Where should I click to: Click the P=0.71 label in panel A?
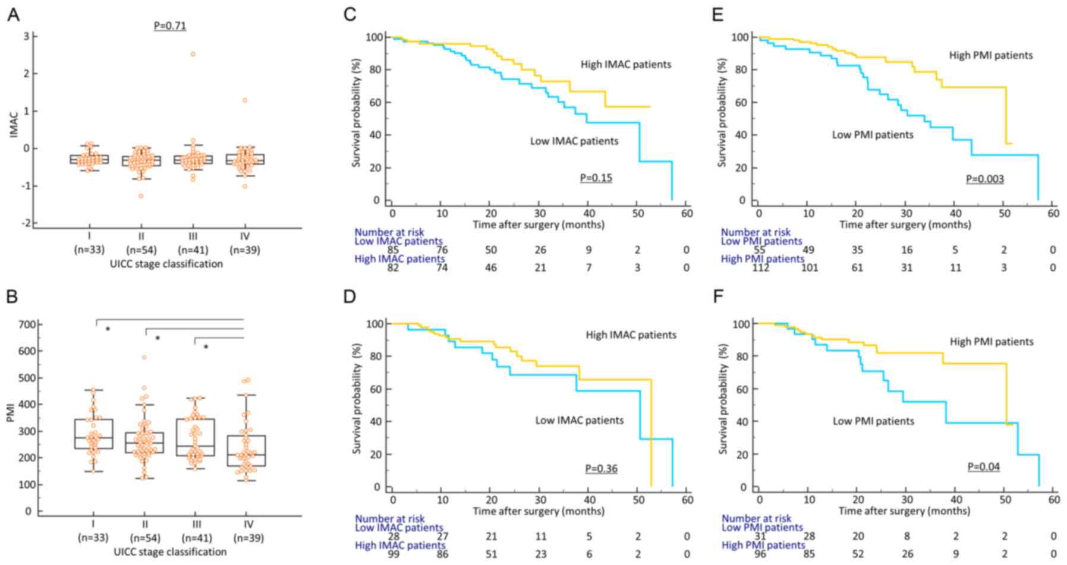(170, 26)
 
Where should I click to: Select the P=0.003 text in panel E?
(984, 179)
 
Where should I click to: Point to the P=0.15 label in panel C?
(596, 178)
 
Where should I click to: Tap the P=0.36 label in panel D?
(601, 469)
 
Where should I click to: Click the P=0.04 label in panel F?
(983, 467)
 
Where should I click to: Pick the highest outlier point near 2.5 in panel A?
(193, 54)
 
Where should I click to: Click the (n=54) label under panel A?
(141, 250)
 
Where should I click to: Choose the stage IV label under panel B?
(248, 525)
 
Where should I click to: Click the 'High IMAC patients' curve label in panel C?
(626, 64)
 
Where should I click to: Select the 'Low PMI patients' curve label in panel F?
(873, 421)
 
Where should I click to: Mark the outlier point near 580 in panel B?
(144, 357)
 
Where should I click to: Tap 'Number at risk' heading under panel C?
(389, 232)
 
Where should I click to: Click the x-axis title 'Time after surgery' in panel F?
(904, 510)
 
